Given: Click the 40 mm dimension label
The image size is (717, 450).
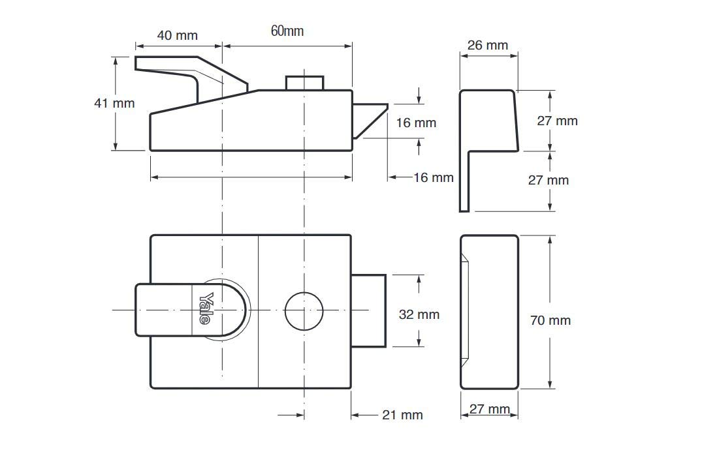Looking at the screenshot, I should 178,35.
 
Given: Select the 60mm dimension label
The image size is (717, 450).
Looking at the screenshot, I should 287,31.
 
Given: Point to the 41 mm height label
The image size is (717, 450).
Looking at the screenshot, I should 114,103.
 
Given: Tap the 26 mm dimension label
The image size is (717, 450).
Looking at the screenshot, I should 488,45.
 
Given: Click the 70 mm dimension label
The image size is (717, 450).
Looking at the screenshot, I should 550,320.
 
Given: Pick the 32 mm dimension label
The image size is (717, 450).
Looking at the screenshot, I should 419,314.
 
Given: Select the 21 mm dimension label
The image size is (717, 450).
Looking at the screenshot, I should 402,415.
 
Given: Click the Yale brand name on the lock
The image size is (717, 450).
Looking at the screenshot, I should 206,309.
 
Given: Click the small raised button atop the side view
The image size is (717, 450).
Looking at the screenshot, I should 305,83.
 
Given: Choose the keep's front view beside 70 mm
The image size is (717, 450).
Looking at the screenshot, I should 489,312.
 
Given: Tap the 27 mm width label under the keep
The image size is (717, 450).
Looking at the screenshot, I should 489,409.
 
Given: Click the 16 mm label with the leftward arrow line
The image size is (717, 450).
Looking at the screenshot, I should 433,177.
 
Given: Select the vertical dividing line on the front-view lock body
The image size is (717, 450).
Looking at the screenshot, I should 259,311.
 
